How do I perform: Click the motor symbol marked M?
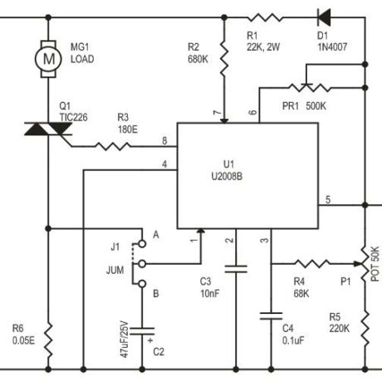(48, 59)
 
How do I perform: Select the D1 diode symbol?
(324, 17)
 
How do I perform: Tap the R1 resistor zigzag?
(265, 17)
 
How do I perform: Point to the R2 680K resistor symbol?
(224, 59)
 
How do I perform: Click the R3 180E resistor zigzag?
(113, 146)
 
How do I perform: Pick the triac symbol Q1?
(48, 129)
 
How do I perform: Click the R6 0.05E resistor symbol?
(48, 340)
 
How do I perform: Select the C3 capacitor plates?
(236, 269)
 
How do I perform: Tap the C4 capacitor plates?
(271, 316)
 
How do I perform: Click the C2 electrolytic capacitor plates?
(142, 331)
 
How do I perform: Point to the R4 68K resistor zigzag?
(311, 264)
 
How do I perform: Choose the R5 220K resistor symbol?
(365, 328)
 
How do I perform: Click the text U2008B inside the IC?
(227, 176)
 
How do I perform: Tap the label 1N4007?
(332, 47)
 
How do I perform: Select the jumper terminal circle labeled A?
(142, 243)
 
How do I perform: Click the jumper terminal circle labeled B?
(142, 284)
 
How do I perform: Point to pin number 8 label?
(164, 140)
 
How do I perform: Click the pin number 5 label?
(328, 199)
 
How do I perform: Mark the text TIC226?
(74, 117)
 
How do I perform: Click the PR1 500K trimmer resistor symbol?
(309, 87)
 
